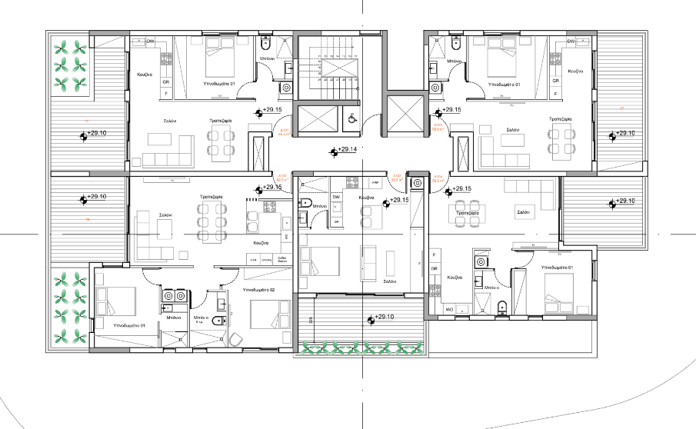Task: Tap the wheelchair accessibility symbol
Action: coord(352,118)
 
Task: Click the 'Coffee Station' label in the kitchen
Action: coord(281,260)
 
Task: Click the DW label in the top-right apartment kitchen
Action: coord(571,42)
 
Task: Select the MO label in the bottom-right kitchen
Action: coord(450,309)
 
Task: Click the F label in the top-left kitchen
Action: coord(166,93)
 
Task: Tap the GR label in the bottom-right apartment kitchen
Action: coord(435,268)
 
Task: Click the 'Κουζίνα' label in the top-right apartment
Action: coord(578,70)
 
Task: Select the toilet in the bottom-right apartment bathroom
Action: coord(501,307)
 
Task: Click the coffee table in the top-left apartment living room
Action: coord(160,140)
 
